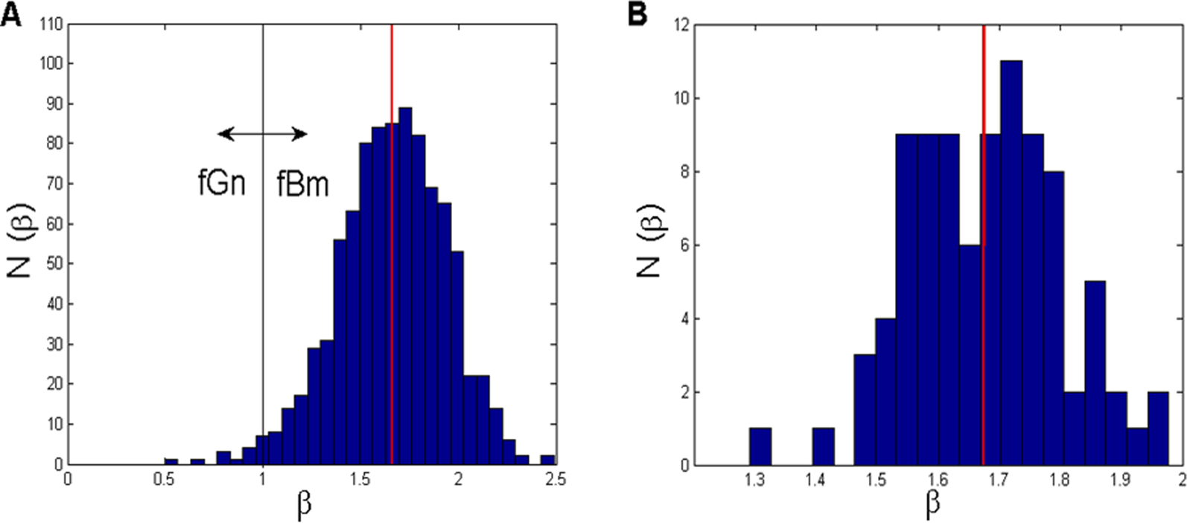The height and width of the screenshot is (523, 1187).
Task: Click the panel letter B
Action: pos(638,14)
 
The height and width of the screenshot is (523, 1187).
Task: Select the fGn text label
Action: pos(222,183)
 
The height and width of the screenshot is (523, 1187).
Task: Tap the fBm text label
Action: pos(302,184)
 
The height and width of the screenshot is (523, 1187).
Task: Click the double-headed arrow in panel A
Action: pos(262,134)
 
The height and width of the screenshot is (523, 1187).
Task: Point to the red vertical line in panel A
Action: pos(392,223)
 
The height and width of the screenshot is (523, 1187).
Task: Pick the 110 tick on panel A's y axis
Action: pos(51,25)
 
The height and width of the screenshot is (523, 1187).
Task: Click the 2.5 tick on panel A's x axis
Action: pos(555,480)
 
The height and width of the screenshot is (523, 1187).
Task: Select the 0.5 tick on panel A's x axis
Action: pos(165,480)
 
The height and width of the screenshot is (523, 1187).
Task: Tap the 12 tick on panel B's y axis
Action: pos(680,25)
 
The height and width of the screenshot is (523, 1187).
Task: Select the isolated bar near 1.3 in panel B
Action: pos(760,446)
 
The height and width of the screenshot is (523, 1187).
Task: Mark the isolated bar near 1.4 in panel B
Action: pos(823,446)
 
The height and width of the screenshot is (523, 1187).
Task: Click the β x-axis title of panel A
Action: pos(305,507)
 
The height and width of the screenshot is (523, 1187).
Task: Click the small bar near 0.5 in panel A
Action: pos(171,461)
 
